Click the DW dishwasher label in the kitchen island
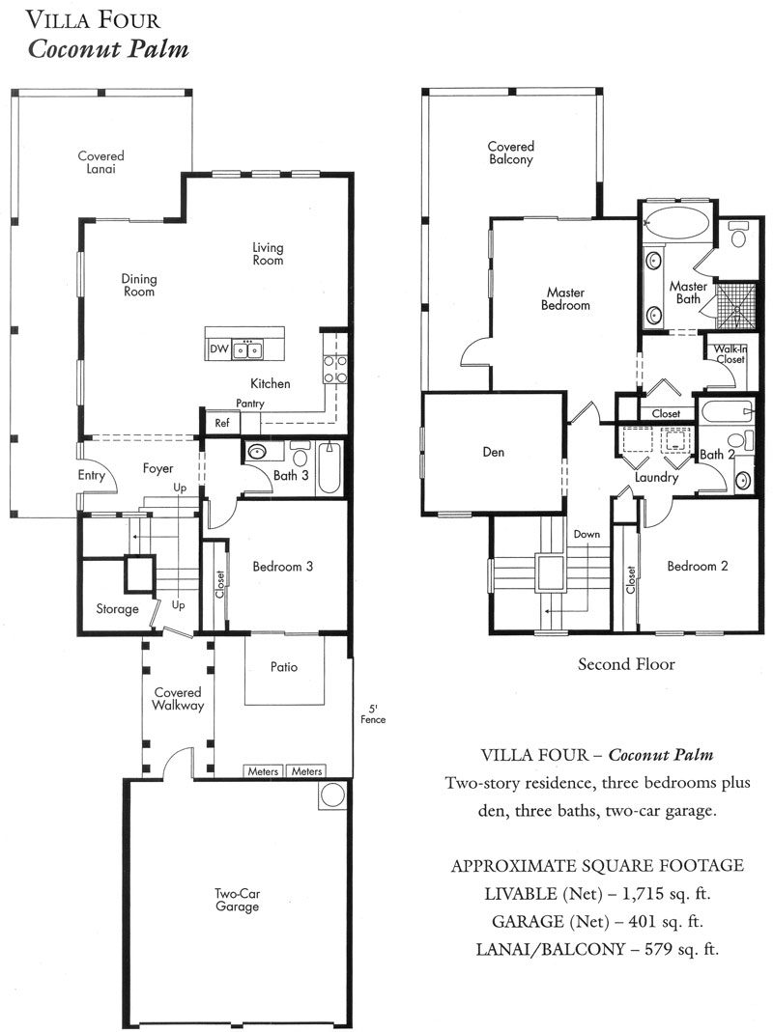tap(218, 349)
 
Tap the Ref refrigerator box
tap(222, 423)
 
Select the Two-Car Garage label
tap(238, 900)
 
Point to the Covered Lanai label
tap(100, 162)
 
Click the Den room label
tap(494, 452)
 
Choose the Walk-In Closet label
tap(730, 354)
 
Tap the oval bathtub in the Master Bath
tap(676, 223)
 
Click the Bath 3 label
tap(291, 475)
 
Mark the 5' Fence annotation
tap(373, 714)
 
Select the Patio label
tap(284, 667)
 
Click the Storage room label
tap(117, 609)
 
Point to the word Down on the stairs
tap(587, 534)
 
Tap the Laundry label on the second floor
tap(656, 477)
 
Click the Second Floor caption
tap(626, 664)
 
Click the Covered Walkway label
tap(178, 699)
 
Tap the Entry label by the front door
tap(91, 475)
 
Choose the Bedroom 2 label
tap(698, 566)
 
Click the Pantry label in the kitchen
tap(249, 404)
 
